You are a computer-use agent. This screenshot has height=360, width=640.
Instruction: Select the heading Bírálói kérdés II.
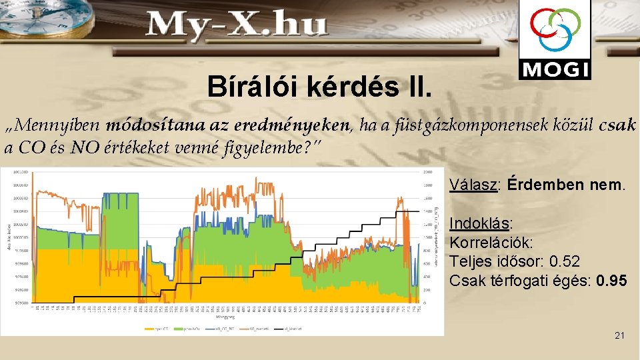(319, 86)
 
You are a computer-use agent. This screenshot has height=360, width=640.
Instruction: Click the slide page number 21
(619, 335)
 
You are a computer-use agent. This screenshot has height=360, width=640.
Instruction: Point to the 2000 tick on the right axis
(427, 171)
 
